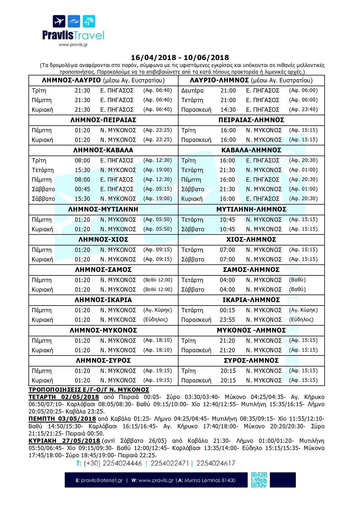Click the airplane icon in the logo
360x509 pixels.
tap(59, 21)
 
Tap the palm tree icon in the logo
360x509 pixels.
tap(89, 21)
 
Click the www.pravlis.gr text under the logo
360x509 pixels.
tap(73, 45)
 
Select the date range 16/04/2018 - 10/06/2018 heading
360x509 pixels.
tap(180, 57)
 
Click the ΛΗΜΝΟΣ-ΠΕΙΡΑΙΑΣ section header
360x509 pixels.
tap(103, 120)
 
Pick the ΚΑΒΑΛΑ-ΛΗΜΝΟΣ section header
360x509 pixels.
tap(251, 150)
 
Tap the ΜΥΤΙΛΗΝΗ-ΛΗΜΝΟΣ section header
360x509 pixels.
tap(251, 209)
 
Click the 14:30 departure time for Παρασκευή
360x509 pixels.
tap(228, 110)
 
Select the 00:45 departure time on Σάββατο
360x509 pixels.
tap(82, 189)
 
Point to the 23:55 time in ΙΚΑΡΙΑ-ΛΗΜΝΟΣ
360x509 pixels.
tap(227, 320)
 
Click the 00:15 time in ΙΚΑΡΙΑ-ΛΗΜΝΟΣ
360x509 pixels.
tap(227, 310)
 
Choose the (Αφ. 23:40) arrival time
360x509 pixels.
tap(303, 109)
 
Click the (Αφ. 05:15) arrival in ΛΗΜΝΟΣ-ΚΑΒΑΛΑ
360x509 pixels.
tap(158, 189)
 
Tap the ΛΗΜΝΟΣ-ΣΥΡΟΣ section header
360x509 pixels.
tap(103, 360)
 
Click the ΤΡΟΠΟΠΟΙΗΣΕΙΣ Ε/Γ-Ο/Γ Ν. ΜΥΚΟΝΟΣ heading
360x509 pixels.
tap(89, 390)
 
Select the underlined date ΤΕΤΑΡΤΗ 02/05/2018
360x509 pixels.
tap(64, 397)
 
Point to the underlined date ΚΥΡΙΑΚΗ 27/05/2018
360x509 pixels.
tap(64, 441)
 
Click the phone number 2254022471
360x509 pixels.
tap(170, 463)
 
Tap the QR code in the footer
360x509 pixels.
tap(259, 480)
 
